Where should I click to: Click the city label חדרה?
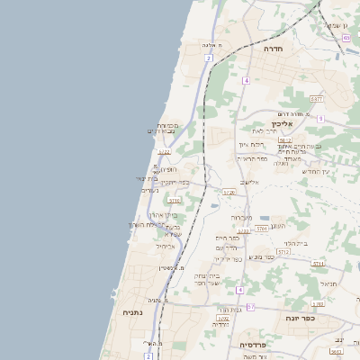pyautogui.click(x=273, y=49)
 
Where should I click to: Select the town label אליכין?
pyautogui.click(x=283, y=124)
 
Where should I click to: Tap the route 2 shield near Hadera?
pyautogui.click(x=208, y=58)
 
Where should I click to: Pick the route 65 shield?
pyautogui.click(x=346, y=38)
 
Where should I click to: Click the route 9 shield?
pyautogui.click(x=319, y=118)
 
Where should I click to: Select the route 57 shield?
pyautogui.click(x=251, y=307)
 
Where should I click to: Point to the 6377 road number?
pyautogui.click(x=316, y=99)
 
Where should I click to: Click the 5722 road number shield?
pyautogui.click(x=164, y=152)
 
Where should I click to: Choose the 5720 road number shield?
pyautogui.click(x=229, y=192)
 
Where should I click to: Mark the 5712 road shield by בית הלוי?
pyautogui.click(x=283, y=253)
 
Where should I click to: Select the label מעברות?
pyautogui.click(x=241, y=217)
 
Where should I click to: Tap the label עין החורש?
pyautogui.click(x=316, y=171)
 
